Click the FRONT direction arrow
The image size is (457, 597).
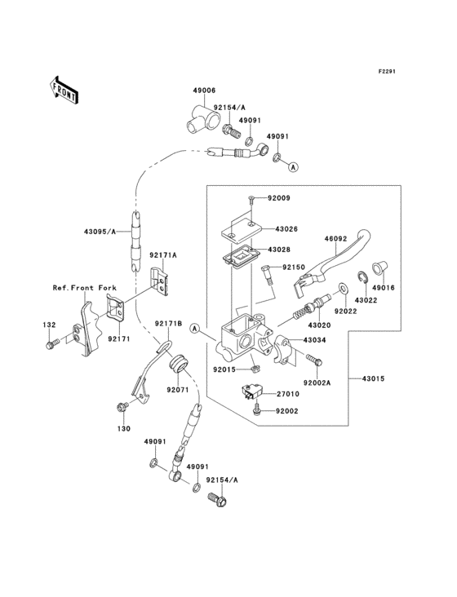point(64,90)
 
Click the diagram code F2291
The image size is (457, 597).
point(387,71)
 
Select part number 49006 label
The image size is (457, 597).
point(204,91)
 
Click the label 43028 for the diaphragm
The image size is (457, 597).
point(279,250)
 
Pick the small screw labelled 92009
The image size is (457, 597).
point(251,197)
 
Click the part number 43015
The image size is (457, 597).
point(373,379)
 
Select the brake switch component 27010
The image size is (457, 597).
point(250,391)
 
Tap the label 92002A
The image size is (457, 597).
point(317,383)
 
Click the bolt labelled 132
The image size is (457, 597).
point(51,344)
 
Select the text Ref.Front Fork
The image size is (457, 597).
point(84,288)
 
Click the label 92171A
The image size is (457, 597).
point(163,255)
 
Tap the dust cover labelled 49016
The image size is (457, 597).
point(379,268)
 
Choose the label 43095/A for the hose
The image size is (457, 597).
point(100,231)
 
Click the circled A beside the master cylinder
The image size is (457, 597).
point(195,328)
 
